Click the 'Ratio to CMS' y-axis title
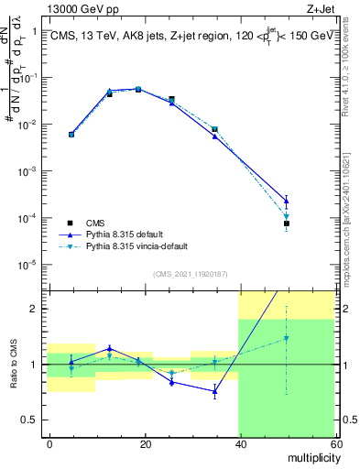click(14, 364)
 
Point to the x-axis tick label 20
click(145, 442)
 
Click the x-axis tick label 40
click(239, 442)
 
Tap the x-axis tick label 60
click(333, 442)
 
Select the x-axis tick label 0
click(50, 442)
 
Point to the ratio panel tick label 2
click(35, 309)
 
